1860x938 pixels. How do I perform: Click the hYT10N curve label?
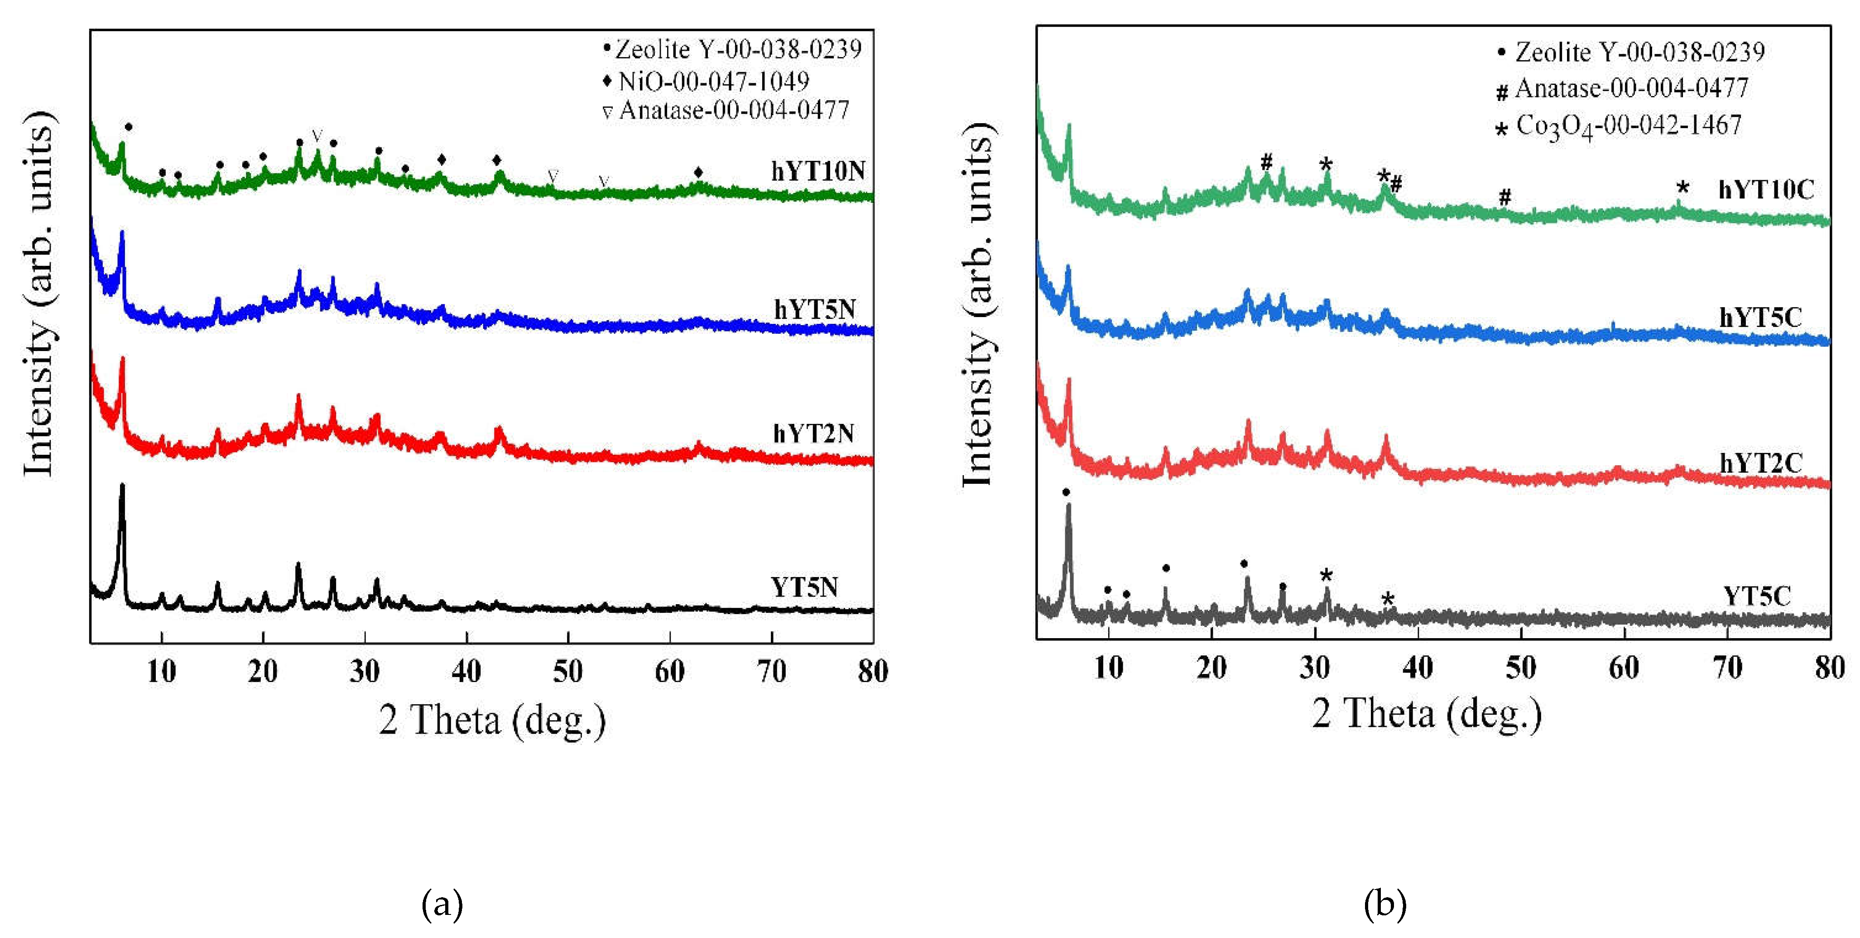(817, 172)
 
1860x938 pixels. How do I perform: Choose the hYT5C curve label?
(1760, 317)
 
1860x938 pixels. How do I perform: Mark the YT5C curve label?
(1757, 596)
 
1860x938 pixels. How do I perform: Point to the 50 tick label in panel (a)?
(567, 672)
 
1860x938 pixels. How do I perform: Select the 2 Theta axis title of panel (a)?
(492, 721)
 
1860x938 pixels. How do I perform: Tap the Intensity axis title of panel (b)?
(979, 307)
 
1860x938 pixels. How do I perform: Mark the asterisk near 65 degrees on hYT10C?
(1683, 188)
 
